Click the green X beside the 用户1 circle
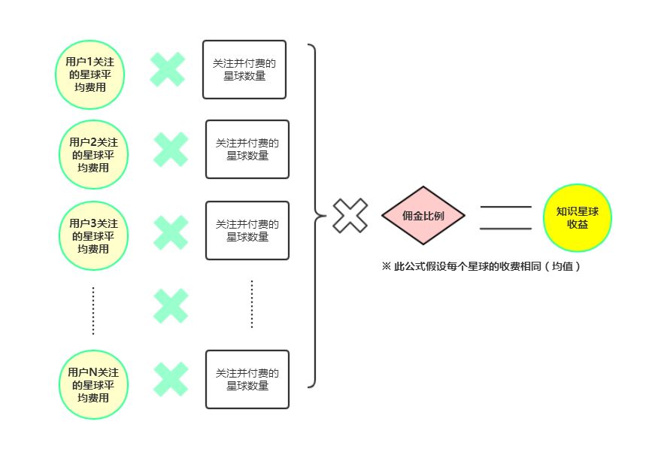pos(168,69)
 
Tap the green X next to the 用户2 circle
pos(171,149)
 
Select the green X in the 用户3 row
pos(171,232)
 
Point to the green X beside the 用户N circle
pos(171,379)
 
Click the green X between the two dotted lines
pos(171,305)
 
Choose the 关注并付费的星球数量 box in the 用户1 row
pos(244,69)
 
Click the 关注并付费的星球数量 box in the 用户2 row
pos(247,149)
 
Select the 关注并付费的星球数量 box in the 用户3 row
pos(247,230)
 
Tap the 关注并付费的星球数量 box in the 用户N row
pos(247,379)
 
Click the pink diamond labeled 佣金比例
pos(423,216)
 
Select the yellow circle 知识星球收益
pos(577,217)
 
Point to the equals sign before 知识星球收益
pos(505,217)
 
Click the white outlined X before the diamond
pos(350,216)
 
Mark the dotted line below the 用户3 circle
pos(93,310)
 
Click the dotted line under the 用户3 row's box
pos(251,304)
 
